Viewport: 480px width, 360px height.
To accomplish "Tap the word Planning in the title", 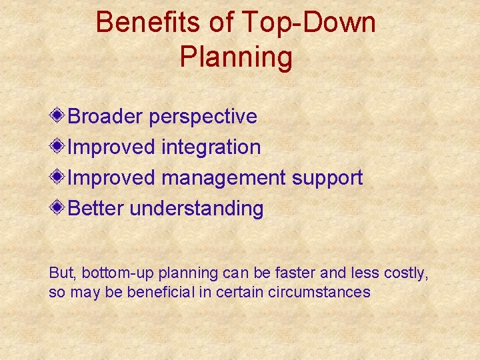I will [x=236, y=57].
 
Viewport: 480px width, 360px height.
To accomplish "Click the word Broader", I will [x=106, y=117].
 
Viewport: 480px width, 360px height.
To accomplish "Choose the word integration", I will [x=211, y=148].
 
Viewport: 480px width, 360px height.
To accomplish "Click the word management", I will [x=223, y=179].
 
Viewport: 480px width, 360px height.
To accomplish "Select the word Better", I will [x=97, y=209].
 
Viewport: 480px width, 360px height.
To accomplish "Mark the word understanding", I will [x=197, y=209].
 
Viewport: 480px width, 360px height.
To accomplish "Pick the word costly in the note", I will [x=406, y=273].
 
